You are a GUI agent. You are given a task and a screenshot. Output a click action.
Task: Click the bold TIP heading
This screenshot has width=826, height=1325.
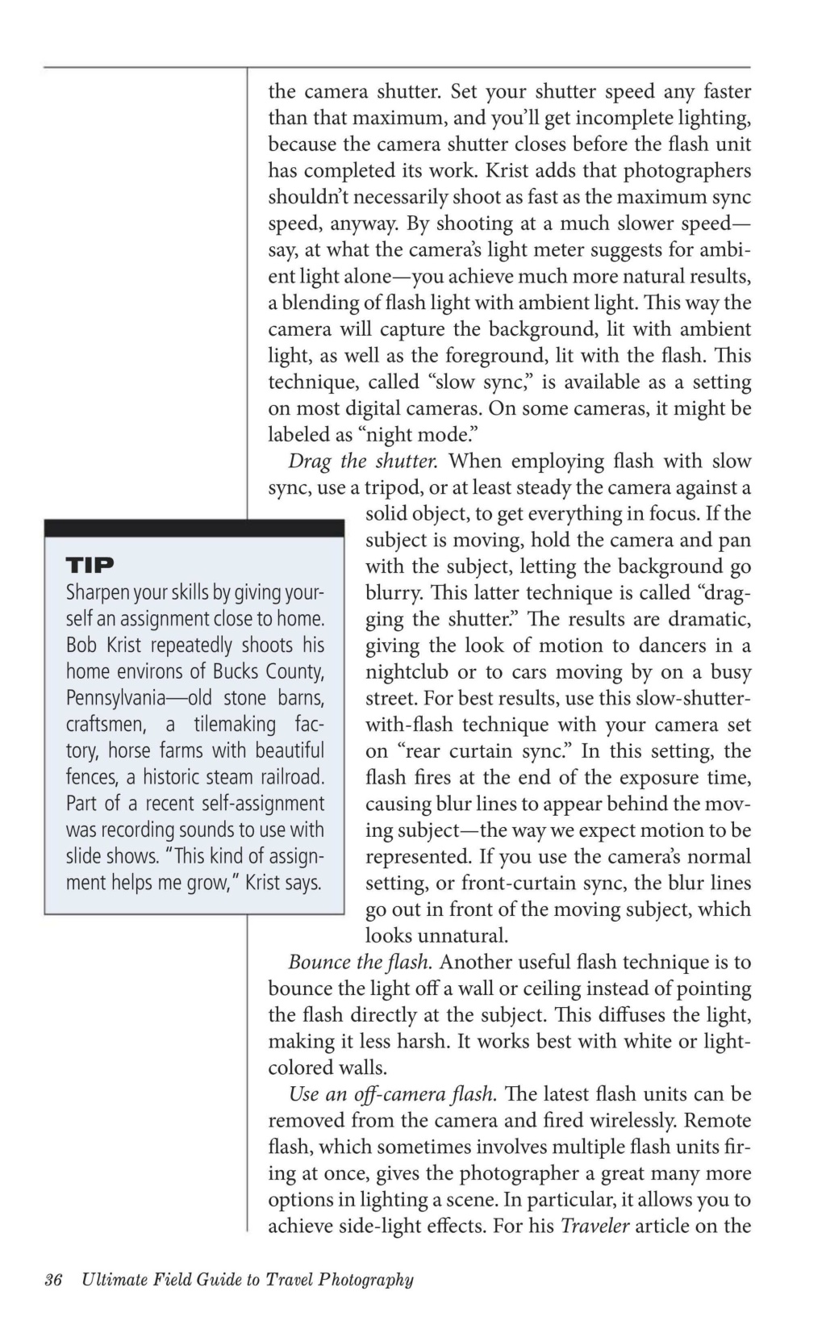pyautogui.click(x=90, y=564)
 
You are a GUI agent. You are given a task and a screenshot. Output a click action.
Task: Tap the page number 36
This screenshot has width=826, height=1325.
pyautogui.click(x=54, y=1280)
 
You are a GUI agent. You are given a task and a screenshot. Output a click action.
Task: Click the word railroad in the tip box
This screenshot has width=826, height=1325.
pyautogui.click(x=289, y=777)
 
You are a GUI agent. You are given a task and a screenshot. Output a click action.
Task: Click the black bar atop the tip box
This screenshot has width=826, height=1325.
pyautogui.click(x=194, y=529)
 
